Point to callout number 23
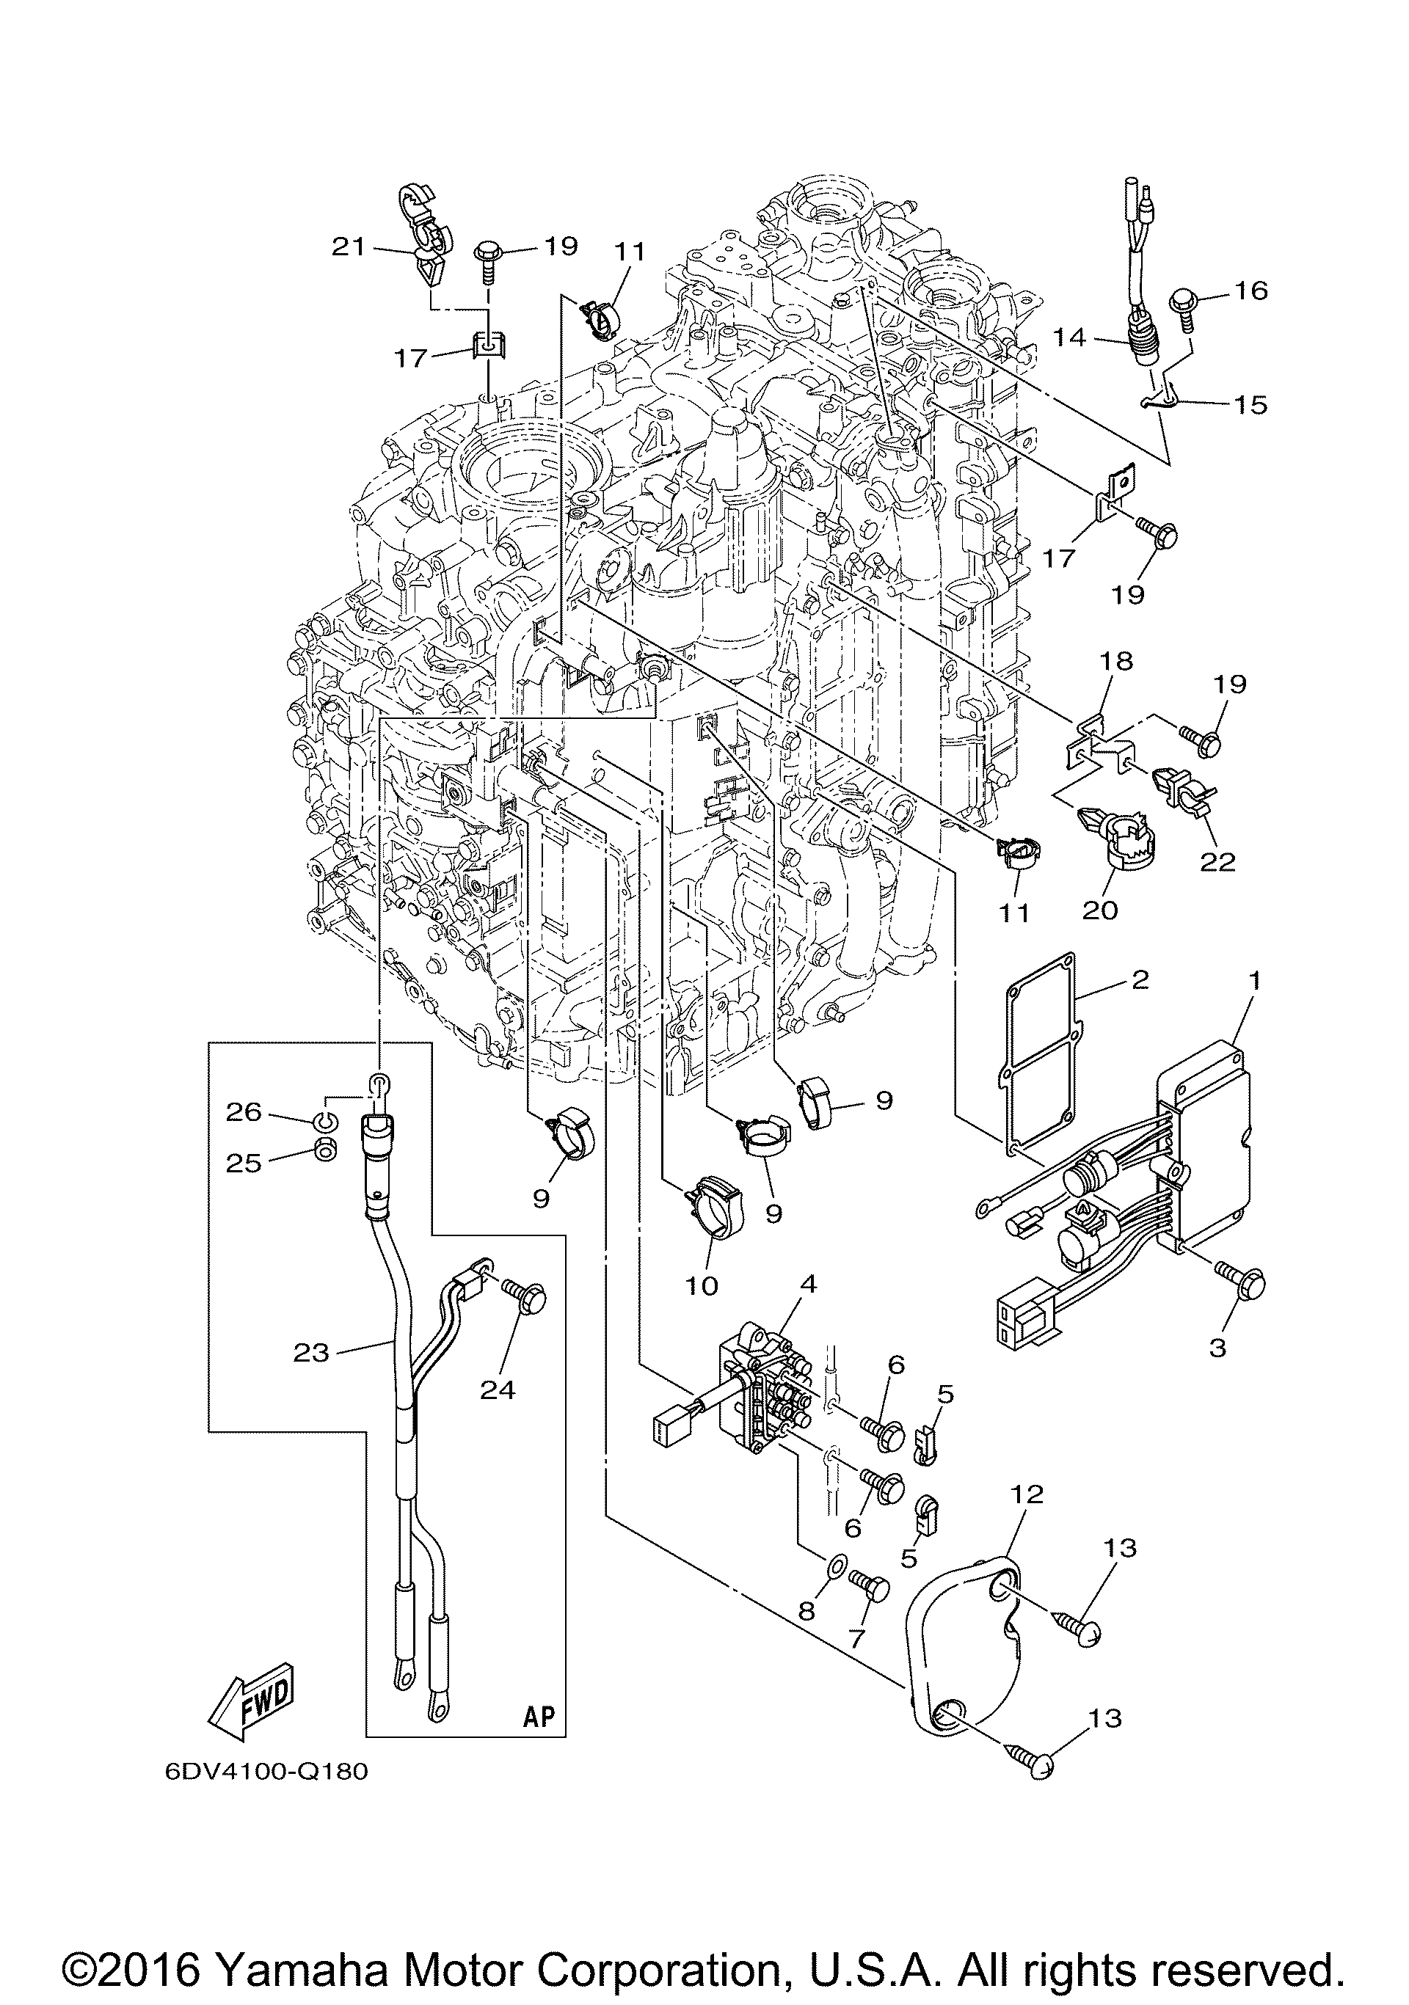pos(311,1353)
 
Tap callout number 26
pos(244,1112)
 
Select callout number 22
pos(1217,862)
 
